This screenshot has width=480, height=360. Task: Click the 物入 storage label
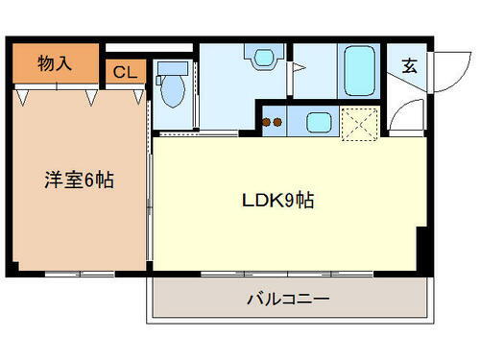pyautogui.click(x=54, y=63)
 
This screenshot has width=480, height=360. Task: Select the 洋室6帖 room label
pyautogui.click(x=79, y=180)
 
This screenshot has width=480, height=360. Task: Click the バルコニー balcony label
pyautogui.click(x=288, y=300)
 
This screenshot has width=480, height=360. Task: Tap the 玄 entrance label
pyautogui.click(x=409, y=66)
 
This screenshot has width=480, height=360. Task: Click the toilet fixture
pyautogui.click(x=174, y=88)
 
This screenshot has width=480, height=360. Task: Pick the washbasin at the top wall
pyautogui.click(x=261, y=57)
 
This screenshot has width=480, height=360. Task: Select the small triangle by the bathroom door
pyautogui.click(x=299, y=69)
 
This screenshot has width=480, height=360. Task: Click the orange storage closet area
pyautogui.click(x=56, y=63)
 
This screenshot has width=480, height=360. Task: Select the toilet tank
pyautogui.click(x=173, y=68)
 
